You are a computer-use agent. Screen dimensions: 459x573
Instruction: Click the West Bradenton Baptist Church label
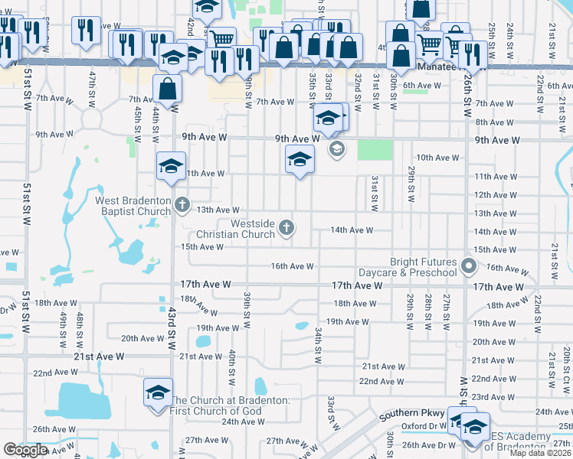point(133,206)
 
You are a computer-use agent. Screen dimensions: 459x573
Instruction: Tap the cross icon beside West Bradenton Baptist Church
point(182,203)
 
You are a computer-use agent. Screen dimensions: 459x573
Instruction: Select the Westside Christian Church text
point(236,229)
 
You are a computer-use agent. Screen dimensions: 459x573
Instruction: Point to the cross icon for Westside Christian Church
point(286,226)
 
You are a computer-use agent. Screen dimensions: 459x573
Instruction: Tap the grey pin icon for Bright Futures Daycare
point(470,266)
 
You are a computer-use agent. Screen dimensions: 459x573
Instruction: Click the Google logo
point(25,451)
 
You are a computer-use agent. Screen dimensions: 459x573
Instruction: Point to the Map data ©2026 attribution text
point(541,453)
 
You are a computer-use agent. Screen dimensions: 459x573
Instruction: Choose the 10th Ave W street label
point(437,158)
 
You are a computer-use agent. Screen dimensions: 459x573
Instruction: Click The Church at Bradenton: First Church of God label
point(229,406)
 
